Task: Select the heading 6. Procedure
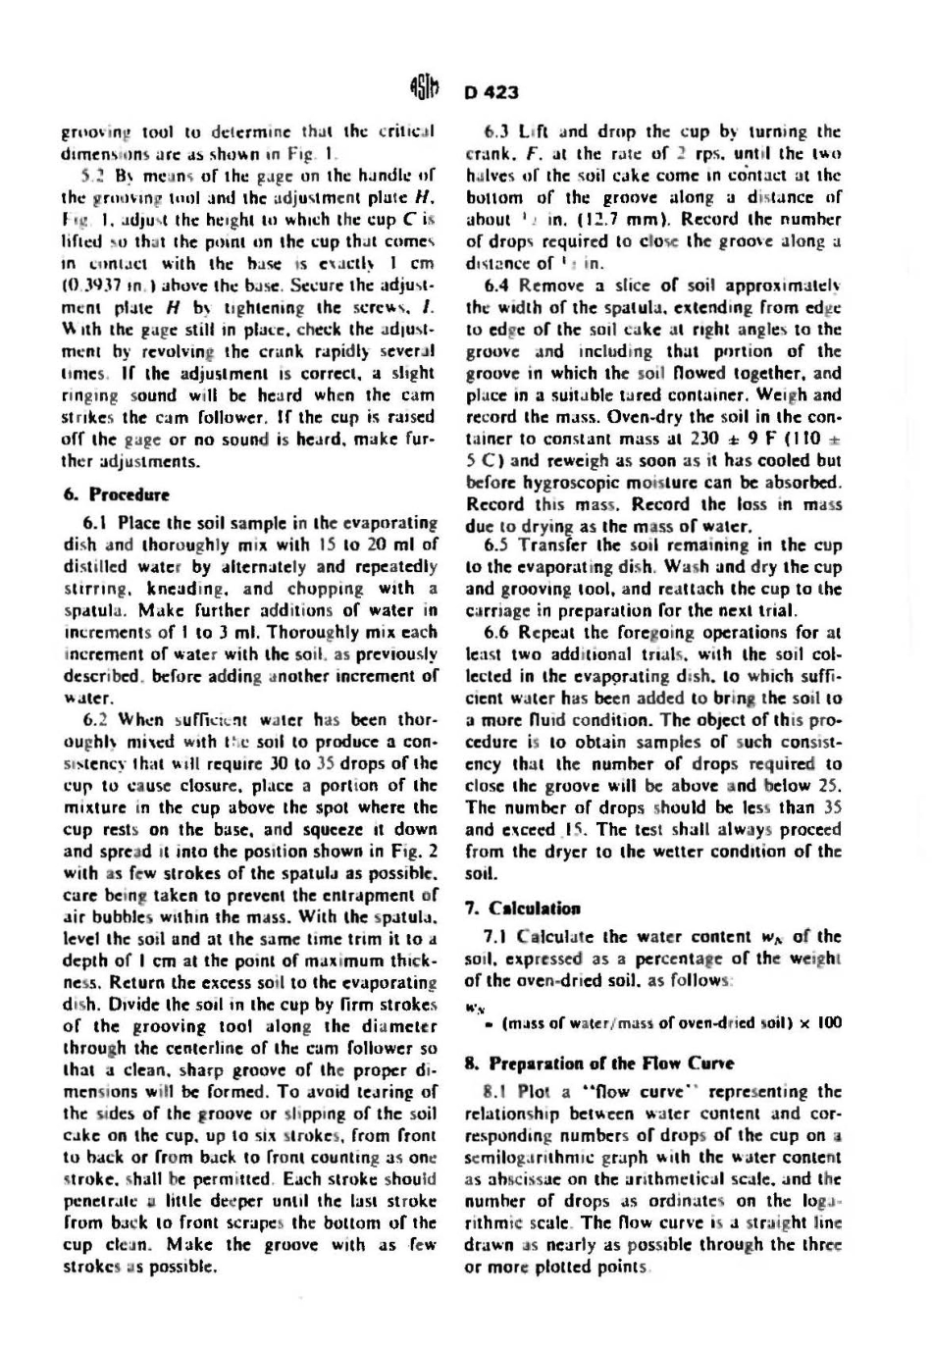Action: pos(116,494)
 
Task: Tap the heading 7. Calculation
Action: pos(521,908)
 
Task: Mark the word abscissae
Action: pos(512,1180)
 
